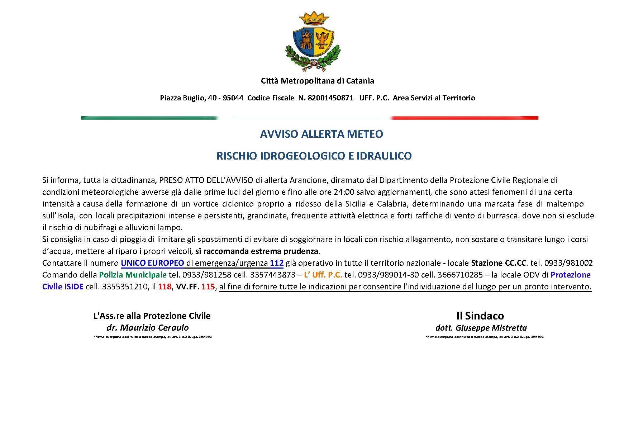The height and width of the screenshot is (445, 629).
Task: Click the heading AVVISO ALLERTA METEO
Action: click(321, 134)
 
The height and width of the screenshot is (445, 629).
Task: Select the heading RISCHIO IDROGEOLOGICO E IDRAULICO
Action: click(314, 156)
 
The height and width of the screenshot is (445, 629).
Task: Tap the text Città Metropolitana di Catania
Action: click(317, 81)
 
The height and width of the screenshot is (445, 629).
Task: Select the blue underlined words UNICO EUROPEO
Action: click(152, 263)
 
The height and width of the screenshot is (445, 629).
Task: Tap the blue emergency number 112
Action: click(277, 263)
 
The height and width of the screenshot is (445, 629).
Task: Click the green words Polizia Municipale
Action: click(133, 275)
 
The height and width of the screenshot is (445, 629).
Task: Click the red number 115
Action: click(208, 287)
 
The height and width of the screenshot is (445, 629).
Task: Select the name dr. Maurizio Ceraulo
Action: click(147, 327)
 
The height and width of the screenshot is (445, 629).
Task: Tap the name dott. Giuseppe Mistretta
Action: click(481, 328)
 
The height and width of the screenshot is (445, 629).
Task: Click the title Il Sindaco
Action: click(480, 316)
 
